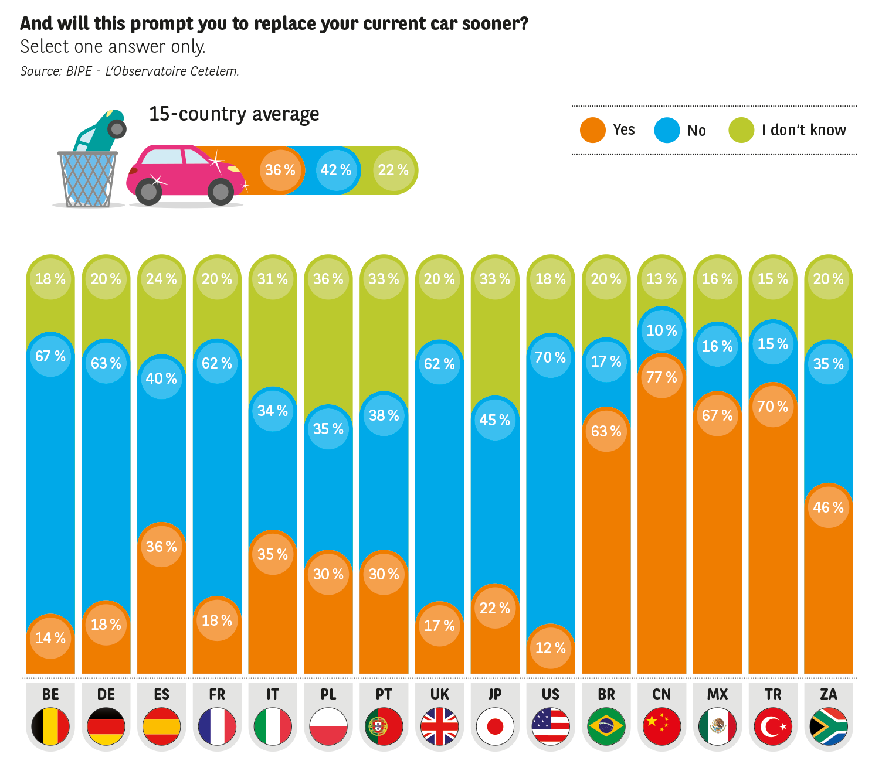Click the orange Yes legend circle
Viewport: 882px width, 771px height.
[x=592, y=130]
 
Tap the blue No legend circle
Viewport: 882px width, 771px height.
[x=667, y=130]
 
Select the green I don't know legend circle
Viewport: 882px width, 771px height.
[x=741, y=130]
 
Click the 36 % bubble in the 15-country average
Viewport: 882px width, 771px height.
[x=280, y=170]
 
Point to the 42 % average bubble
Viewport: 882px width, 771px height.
[x=336, y=170]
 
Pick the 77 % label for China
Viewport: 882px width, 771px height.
[x=661, y=377]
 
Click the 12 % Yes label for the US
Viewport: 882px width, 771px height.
[x=551, y=648]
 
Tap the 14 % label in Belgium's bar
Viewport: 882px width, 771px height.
[x=50, y=638]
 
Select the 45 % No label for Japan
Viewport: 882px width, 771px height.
[x=495, y=420]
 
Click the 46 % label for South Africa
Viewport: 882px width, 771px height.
[x=828, y=507]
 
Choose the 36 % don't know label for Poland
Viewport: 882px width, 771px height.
[x=328, y=279]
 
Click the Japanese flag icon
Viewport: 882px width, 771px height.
[x=495, y=726]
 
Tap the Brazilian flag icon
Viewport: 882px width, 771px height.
[x=606, y=726]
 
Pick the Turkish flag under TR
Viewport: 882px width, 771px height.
[x=773, y=726]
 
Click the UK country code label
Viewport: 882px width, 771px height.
[x=439, y=694]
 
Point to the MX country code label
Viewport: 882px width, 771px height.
[x=717, y=694]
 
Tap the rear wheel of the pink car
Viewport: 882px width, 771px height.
[x=149, y=191]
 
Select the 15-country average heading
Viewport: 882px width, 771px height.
[x=234, y=114]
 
